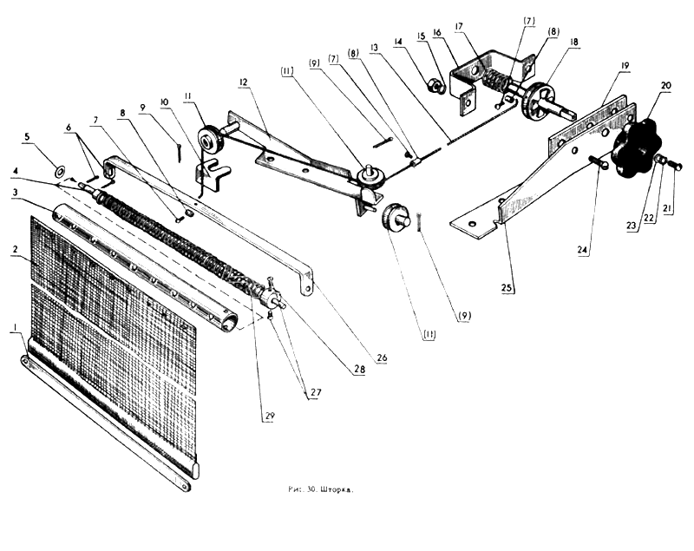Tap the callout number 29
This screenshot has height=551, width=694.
(269, 417)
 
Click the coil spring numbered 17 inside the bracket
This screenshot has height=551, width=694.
(495, 82)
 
